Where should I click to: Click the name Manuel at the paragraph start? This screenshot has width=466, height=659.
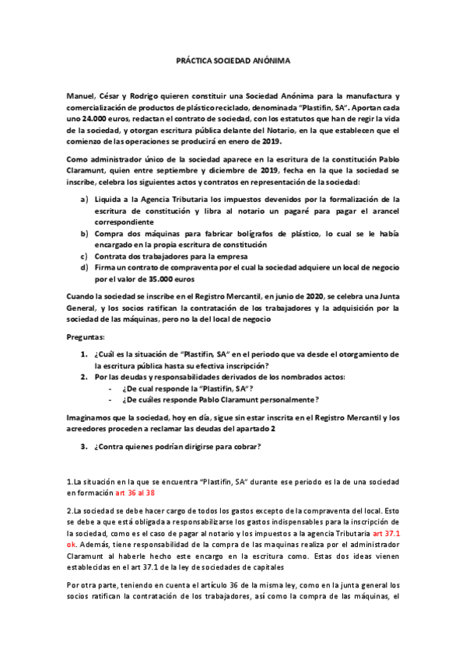[81, 94]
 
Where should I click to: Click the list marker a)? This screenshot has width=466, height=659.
[84, 199]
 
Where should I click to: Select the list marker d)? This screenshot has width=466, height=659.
[84, 267]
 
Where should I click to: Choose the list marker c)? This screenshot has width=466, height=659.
[84, 256]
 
